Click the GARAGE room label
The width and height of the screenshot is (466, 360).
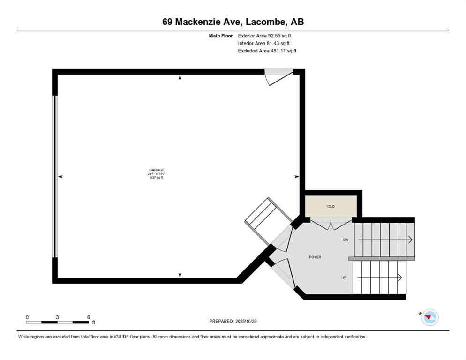pyautogui.click(x=157, y=170)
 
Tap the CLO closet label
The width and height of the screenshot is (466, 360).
pyautogui.click(x=331, y=206)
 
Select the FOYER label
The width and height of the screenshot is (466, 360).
pyautogui.click(x=315, y=257)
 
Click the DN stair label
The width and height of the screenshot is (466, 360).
pyautogui.click(x=346, y=240)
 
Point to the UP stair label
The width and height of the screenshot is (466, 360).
pyautogui.click(x=344, y=277)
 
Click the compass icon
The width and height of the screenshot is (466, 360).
pyautogui.click(x=429, y=318)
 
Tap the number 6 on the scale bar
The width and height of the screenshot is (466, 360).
pyautogui.click(x=89, y=317)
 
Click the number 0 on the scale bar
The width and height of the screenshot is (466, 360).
pyautogui.click(x=27, y=317)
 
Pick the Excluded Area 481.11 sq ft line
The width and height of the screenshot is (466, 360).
pyautogui.click(x=267, y=51)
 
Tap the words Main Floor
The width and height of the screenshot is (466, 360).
pyautogui.click(x=220, y=35)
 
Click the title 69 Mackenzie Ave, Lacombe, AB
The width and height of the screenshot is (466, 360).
pyautogui.click(x=233, y=22)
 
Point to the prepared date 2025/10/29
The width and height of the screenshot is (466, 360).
pyautogui.click(x=233, y=321)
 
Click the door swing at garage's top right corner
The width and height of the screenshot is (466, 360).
pyautogui.click(x=276, y=76)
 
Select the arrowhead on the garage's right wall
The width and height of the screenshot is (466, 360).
pyautogui.click(x=296, y=177)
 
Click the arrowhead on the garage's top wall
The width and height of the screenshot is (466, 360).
pyautogui.click(x=180, y=78)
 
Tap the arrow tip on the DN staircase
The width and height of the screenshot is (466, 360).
pyautogui.click(x=411, y=240)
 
